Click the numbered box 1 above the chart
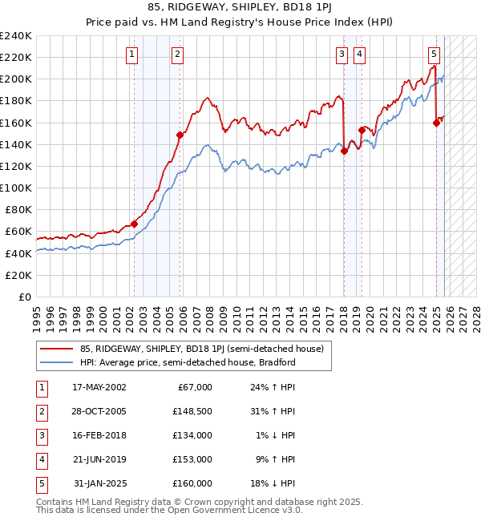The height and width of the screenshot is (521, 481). click(x=131, y=55)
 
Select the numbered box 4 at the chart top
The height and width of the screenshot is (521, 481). click(x=360, y=55)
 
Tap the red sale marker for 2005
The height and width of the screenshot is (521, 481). click(x=180, y=135)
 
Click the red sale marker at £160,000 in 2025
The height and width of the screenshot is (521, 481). click(x=436, y=123)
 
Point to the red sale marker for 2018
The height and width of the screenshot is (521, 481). click(x=344, y=151)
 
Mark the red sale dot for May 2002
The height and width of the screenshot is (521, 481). click(x=134, y=224)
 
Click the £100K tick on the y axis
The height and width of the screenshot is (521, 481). click(x=16, y=188)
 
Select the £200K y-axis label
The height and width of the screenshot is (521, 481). click(x=16, y=79)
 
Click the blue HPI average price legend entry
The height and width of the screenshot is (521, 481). click(x=188, y=362)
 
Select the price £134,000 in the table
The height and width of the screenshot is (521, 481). click(x=192, y=435)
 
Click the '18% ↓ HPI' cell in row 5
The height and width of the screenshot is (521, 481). click(x=273, y=483)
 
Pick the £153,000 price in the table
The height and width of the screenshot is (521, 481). click(x=192, y=459)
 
